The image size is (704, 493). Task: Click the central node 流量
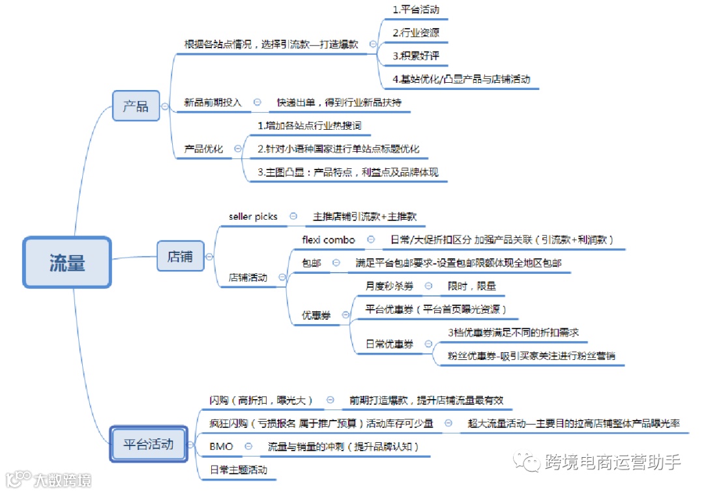click(x=67, y=263)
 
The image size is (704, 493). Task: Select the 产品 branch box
click(x=136, y=106)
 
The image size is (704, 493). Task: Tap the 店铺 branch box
click(x=180, y=256)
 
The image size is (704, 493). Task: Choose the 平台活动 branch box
click(x=149, y=445)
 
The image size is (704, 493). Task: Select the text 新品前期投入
click(x=213, y=102)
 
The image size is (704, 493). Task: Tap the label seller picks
click(x=253, y=217)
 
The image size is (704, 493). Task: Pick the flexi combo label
click(x=329, y=239)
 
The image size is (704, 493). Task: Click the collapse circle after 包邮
click(x=336, y=263)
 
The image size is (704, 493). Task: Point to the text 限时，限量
click(x=471, y=286)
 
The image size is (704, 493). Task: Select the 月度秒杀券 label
click(x=389, y=286)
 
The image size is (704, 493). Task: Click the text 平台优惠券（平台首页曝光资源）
click(x=436, y=309)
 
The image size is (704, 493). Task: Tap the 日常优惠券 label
click(x=389, y=344)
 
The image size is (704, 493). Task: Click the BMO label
click(x=221, y=447)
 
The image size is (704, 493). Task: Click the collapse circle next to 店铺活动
click(x=282, y=277)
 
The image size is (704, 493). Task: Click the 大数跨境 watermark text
click(x=63, y=480)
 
